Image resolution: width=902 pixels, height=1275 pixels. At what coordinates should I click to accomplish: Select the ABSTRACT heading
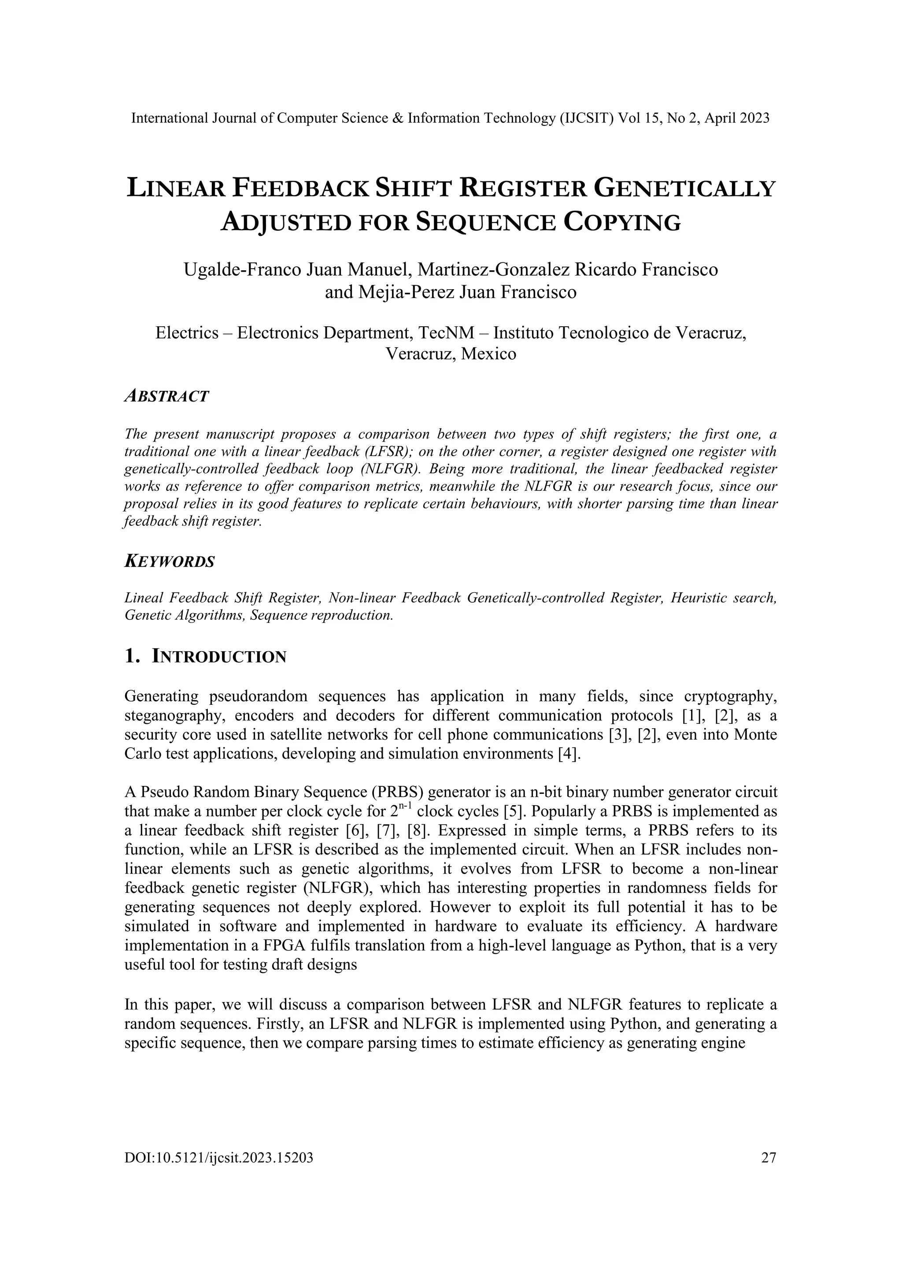coord(166,397)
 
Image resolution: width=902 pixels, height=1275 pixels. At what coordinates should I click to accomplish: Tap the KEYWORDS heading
coord(170,561)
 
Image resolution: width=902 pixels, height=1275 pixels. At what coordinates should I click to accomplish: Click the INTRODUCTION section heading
coord(219,657)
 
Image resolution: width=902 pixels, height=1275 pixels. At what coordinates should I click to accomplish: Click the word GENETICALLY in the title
coord(684,189)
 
